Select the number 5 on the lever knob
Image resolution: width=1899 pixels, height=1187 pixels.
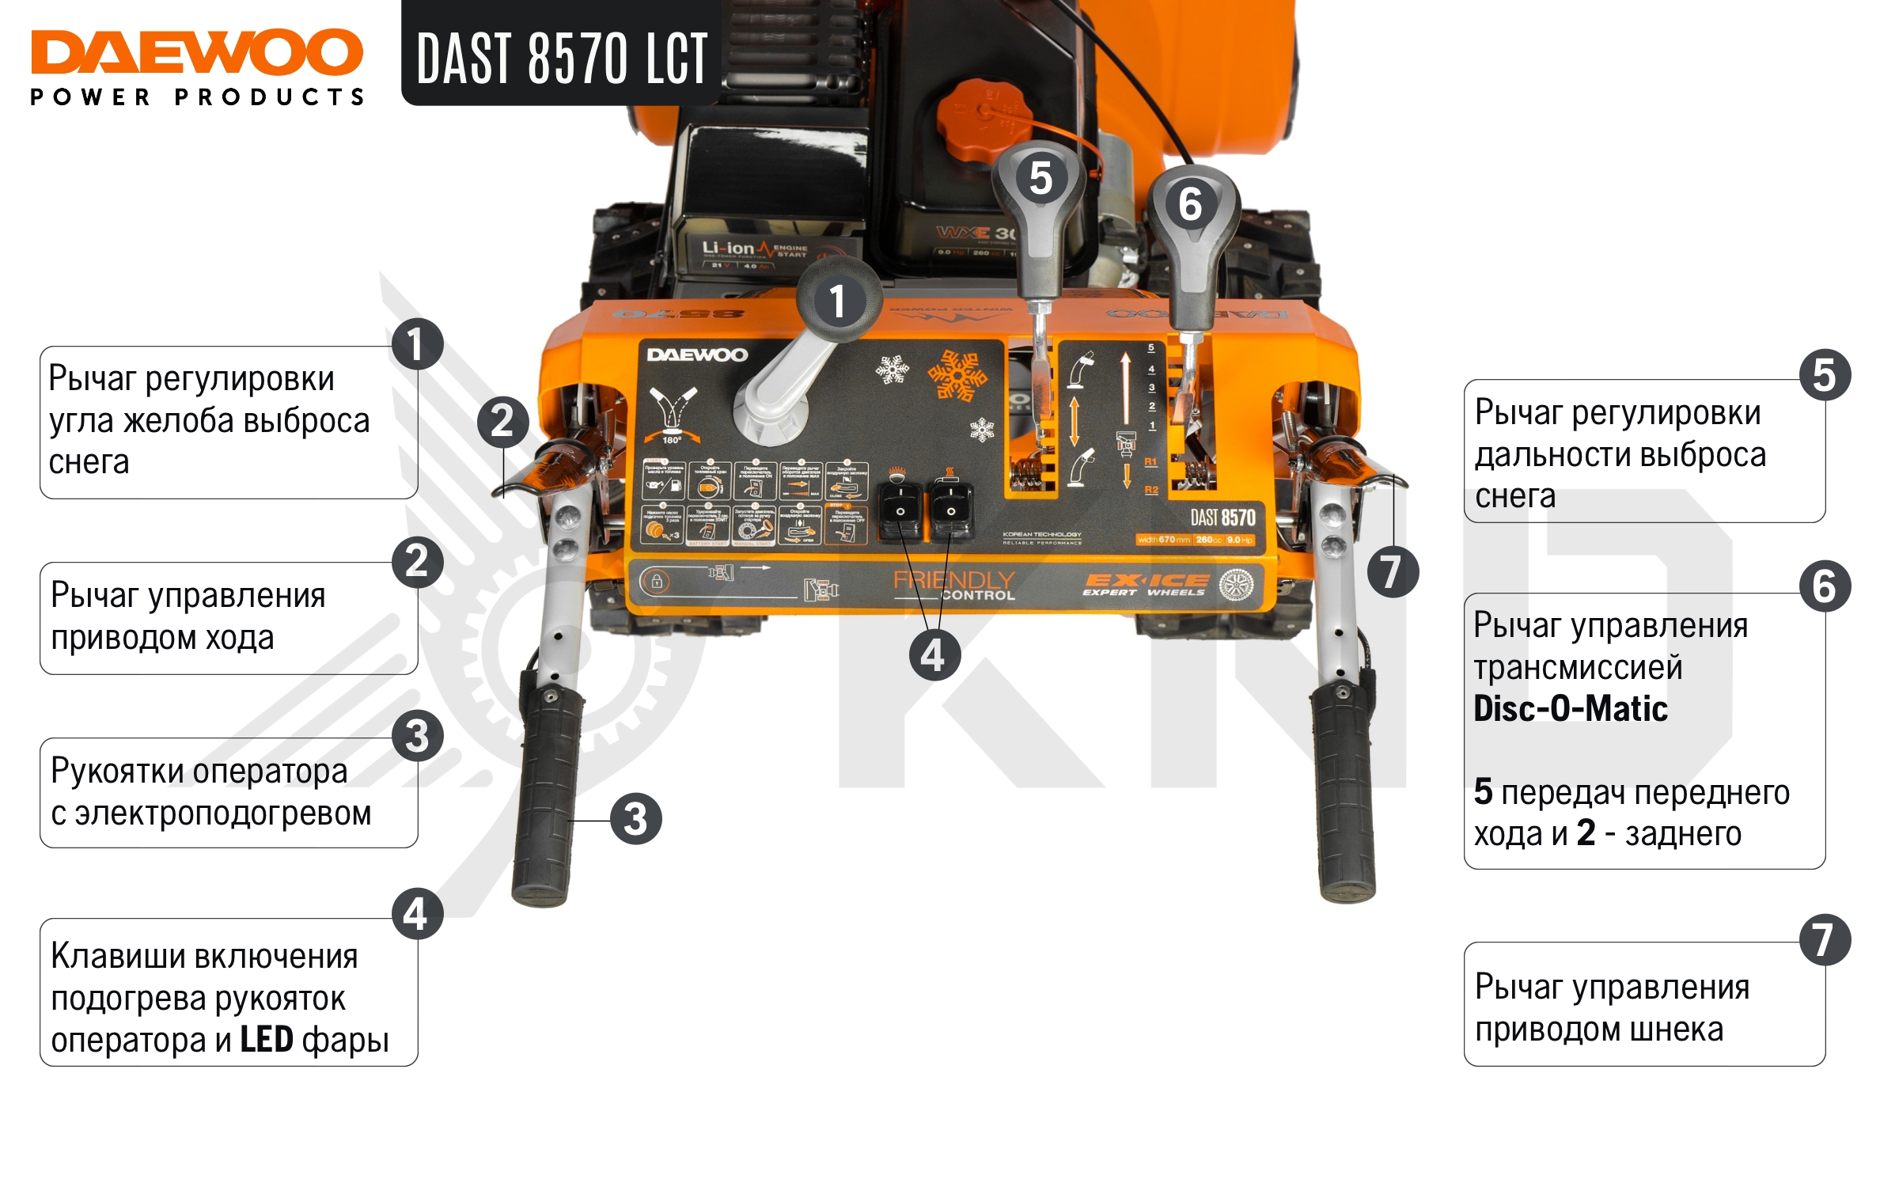coord(1040,177)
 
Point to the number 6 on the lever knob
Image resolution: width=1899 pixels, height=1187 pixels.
coord(1190,204)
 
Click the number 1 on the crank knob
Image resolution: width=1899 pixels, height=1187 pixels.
coord(837,301)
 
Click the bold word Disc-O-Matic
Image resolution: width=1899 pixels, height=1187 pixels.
coord(1570,709)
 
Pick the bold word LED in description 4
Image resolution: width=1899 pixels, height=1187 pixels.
coord(267,1040)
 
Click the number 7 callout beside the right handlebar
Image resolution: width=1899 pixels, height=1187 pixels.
coord(1393,571)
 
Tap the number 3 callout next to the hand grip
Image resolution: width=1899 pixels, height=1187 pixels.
coord(635,819)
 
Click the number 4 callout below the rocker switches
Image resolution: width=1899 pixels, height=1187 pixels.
coord(934,655)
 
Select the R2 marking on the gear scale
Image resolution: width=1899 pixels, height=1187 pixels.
coord(1151,491)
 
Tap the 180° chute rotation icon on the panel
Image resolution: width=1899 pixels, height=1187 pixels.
coord(672,415)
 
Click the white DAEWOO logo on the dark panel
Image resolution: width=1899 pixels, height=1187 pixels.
coord(696,355)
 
